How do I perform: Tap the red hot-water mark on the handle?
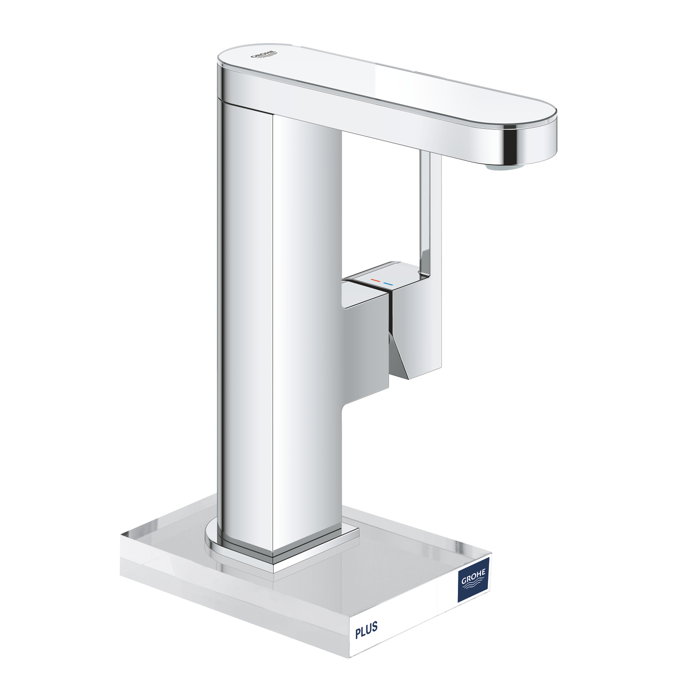coord(375,281)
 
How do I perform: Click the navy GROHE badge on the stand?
coord(473,579)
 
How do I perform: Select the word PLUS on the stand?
coord(367,629)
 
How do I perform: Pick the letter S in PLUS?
coord(375,626)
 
